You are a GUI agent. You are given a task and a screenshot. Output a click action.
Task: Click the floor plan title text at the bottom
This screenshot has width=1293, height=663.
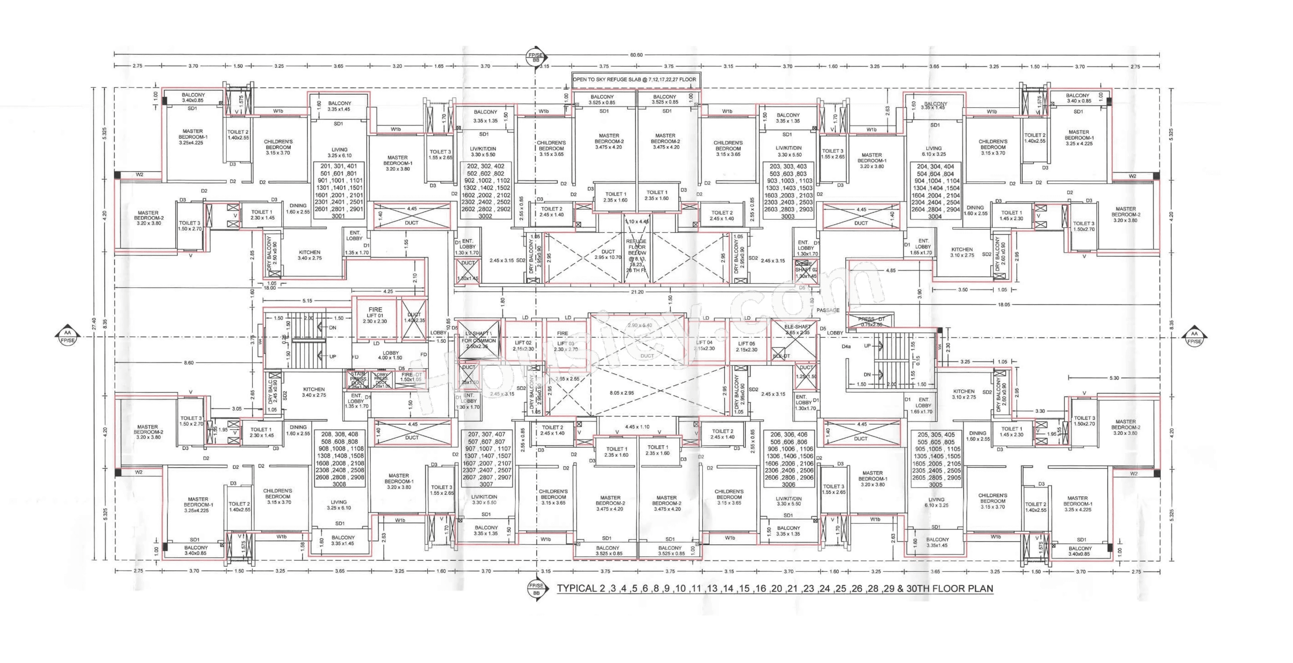(774, 589)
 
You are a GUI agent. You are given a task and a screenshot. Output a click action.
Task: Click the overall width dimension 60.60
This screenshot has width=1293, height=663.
(636, 55)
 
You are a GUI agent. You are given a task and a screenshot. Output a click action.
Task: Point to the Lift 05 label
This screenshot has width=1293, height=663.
(747, 346)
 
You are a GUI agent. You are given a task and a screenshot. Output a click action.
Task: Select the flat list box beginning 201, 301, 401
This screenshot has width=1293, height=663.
(338, 191)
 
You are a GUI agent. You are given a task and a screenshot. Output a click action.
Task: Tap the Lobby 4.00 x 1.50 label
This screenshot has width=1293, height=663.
(390, 356)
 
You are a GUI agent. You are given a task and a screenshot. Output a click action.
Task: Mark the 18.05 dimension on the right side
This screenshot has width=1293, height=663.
(1003, 304)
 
